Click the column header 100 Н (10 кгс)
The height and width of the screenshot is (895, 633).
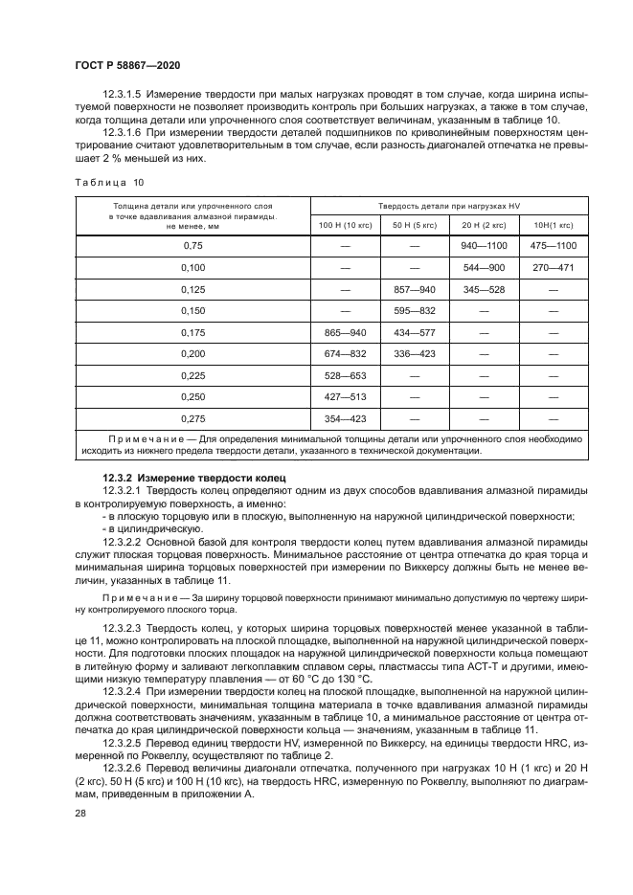(346, 224)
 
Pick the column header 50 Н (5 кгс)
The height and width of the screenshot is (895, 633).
(415, 224)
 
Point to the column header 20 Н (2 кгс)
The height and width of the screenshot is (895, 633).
(484, 224)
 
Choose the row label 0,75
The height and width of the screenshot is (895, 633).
(192, 246)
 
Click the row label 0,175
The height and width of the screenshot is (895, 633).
(192, 332)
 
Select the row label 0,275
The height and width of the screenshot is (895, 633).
(192, 418)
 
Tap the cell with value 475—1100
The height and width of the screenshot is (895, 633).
(553, 246)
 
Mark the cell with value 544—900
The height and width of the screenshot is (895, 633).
(484, 268)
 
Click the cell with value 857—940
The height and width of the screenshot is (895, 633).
(415, 289)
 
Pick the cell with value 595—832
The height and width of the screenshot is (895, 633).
(415, 311)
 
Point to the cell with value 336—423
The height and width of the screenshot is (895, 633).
(415, 354)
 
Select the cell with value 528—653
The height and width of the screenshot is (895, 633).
(346, 375)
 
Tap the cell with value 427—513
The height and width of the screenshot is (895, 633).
(346, 397)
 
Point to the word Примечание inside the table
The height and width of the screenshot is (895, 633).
(144, 439)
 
